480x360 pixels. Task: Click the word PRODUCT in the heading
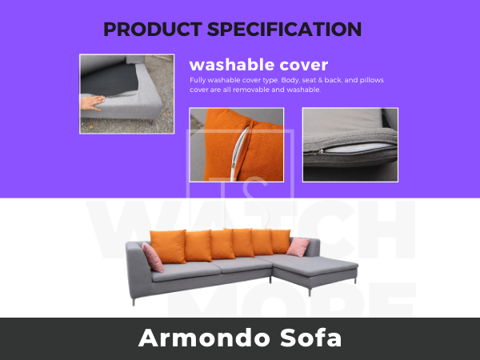coord(153,30)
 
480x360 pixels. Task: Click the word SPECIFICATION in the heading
coord(284,30)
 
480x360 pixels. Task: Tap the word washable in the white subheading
coord(231,65)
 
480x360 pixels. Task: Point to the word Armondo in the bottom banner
coord(203,338)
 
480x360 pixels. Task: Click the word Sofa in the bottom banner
coord(310,338)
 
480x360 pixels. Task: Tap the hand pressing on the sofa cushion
coord(91,102)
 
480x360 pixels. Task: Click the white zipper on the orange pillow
coord(238,153)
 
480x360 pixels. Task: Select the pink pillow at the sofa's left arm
coord(153,257)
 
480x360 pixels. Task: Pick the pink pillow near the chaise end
coord(298,247)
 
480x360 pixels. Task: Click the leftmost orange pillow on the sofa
coord(168,246)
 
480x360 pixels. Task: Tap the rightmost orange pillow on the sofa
coord(280,242)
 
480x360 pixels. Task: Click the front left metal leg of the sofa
coord(134,302)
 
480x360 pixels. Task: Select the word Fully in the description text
coord(198,80)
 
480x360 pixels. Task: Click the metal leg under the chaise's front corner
coord(310,292)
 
